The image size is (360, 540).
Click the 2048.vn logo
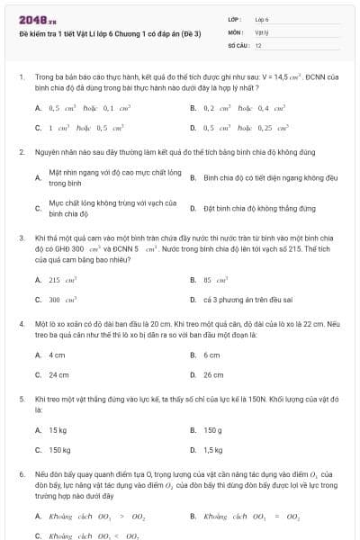click(x=32, y=19)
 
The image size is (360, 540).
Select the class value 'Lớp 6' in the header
click(x=263, y=19)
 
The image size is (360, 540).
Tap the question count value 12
click(x=258, y=44)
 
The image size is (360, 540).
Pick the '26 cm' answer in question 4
click(x=213, y=374)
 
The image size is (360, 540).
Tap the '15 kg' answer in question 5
click(x=58, y=430)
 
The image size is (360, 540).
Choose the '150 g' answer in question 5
click(x=213, y=430)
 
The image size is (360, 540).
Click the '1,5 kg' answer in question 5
click(x=214, y=449)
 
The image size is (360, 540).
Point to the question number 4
click(x=22, y=320)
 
